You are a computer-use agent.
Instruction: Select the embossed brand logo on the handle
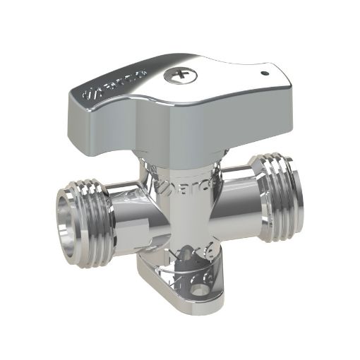(x=114, y=84)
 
